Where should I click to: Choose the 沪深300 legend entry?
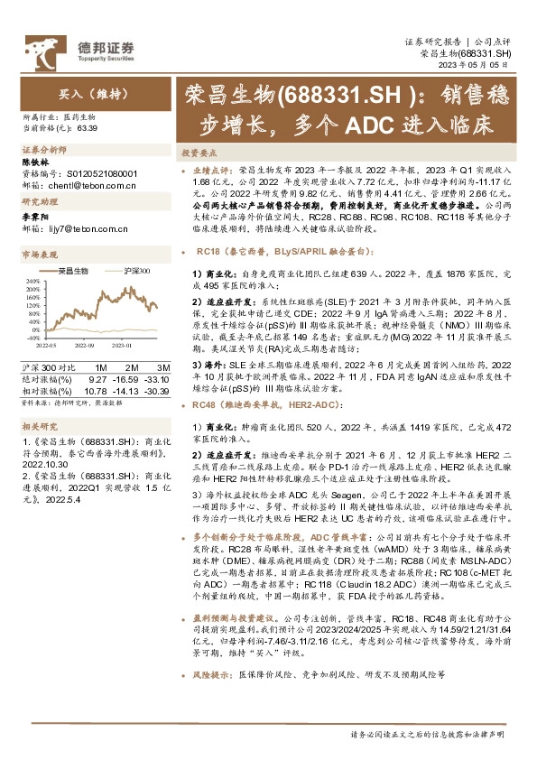pyautogui.click(x=132, y=270)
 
